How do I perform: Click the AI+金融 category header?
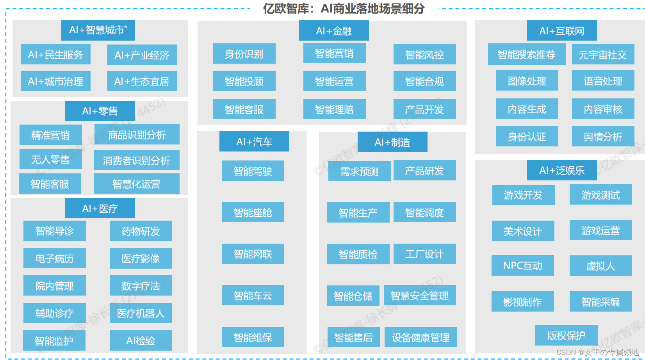[x=334, y=31]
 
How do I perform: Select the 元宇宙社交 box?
[x=603, y=55]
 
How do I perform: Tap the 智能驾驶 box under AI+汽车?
[x=253, y=171]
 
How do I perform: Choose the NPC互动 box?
[x=522, y=266]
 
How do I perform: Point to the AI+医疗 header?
[x=100, y=209]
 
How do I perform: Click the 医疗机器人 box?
[x=141, y=313]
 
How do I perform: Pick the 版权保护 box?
[x=566, y=335]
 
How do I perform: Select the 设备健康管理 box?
[x=420, y=337]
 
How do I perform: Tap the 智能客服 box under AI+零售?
[x=50, y=184]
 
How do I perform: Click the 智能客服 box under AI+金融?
[x=244, y=109]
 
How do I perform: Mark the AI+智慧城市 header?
[x=98, y=30]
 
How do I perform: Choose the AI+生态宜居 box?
[x=142, y=81]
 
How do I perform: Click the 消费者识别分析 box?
[x=137, y=160]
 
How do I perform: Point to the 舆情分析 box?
[x=603, y=137]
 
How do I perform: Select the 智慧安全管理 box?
[x=420, y=296]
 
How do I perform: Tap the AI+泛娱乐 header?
[x=562, y=170]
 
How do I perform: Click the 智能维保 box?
[x=253, y=337]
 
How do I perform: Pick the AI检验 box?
[x=141, y=340]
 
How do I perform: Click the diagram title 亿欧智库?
[x=344, y=9]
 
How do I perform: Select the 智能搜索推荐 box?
[x=526, y=55]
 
